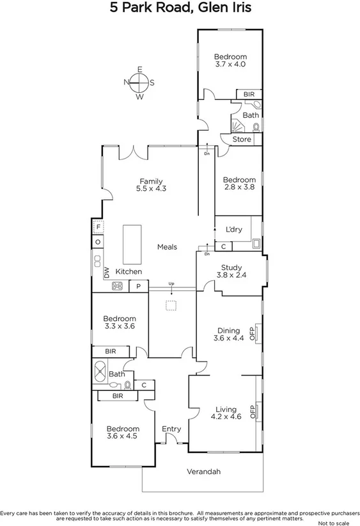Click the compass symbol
coord(139,82)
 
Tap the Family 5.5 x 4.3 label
coord(151,185)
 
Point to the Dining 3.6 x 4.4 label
coord(229,334)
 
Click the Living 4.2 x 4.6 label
coord(226,413)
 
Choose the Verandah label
coord(203,472)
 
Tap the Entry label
coord(171,429)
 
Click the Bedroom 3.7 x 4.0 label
coord(230,60)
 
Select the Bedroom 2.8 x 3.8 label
coord(239,184)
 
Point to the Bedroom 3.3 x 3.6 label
coord(120,322)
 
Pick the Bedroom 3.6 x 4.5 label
coord(121,433)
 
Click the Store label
coord(242,139)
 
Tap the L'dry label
coord(233,229)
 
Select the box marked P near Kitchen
coord(139,287)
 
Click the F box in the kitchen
coord(98,227)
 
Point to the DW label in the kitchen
coord(107,273)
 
